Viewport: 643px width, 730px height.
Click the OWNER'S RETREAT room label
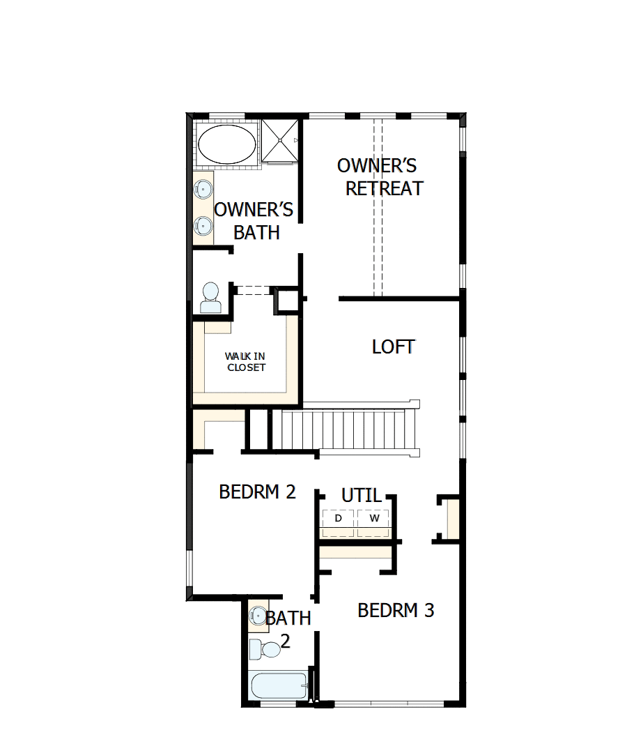click(x=380, y=177)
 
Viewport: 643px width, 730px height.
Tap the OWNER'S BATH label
click(x=254, y=221)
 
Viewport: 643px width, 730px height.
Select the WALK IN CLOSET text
click(x=246, y=362)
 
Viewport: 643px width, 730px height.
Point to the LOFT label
click(x=393, y=347)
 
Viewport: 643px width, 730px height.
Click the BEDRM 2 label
click(x=257, y=492)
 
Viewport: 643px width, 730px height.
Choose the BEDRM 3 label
click(x=396, y=611)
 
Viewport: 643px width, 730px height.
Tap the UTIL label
click(x=362, y=496)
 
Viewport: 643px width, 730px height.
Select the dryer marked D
click(x=339, y=519)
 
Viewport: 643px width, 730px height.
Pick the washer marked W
click(x=375, y=519)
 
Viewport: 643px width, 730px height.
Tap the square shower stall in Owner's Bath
click(x=281, y=141)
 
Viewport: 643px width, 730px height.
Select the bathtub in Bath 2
click(x=279, y=687)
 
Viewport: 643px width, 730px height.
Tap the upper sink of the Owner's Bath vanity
click(x=203, y=188)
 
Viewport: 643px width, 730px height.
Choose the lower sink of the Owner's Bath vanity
click(x=203, y=225)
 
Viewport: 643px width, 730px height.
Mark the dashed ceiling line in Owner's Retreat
click(x=378, y=209)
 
